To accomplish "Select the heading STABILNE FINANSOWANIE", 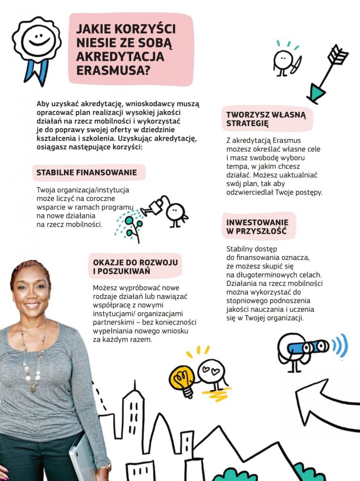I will coord(86,172).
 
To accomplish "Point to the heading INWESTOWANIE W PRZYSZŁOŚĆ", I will coord(258,226).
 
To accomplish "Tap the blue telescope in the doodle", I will coord(308,347).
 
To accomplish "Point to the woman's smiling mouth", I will coord(31,305).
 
